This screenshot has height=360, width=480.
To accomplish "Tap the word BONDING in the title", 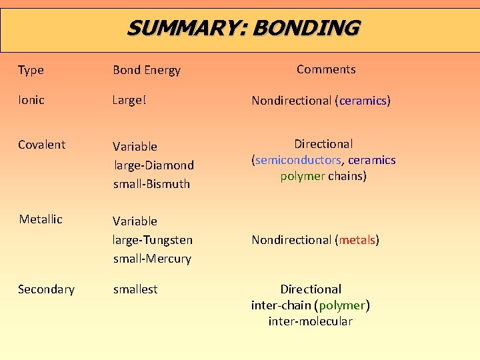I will click(x=306, y=28).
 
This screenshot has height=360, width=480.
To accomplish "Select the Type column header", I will click(x=31, y=70).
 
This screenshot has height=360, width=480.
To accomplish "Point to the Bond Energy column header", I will click(x=146, y=70).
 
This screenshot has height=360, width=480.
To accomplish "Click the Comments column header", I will click(x=326, y=69).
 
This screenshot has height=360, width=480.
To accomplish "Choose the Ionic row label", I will click(x=31, y=100).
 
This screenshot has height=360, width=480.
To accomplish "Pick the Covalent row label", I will click(x=41, y=145).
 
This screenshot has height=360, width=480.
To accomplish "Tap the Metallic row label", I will click(x=41, y=219).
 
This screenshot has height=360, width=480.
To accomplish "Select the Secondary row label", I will click(x=46, y=289).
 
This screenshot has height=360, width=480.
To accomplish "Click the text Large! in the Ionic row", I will click(x=129, y=100).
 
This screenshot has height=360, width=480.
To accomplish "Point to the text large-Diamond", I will click(x=153, y=165).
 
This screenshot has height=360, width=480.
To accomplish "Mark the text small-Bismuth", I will click(x=151, y=183).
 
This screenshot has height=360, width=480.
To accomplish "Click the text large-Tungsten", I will click(x=153, y=239).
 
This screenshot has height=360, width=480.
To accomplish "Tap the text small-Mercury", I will click(x=152, y=258).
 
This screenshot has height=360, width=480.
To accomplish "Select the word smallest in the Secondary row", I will click(x=135, y=289).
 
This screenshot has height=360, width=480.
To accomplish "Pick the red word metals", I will click(x=357, y=239).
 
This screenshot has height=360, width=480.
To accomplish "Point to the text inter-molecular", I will click(x=310, y=321).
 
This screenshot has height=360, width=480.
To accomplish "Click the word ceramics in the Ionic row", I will click(x=363, y=101).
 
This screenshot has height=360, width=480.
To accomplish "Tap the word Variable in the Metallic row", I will click(x=135, y=221).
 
